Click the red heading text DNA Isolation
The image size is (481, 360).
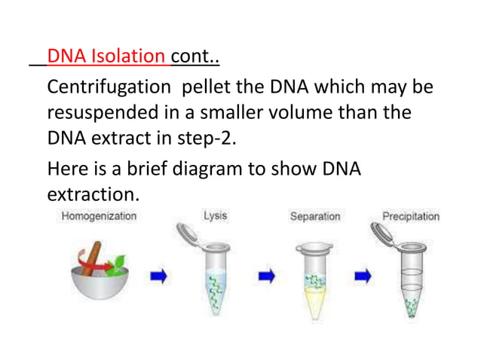(107, 57)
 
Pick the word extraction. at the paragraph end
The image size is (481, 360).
(93, 194)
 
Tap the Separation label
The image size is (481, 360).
(315, 217)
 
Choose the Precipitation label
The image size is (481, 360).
(410, 217)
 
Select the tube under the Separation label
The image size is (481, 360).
(315, 279)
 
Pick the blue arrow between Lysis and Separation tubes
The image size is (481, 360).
(265, 276)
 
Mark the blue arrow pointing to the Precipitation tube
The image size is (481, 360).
(363, 276)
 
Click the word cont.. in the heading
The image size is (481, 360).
(195, 57)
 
